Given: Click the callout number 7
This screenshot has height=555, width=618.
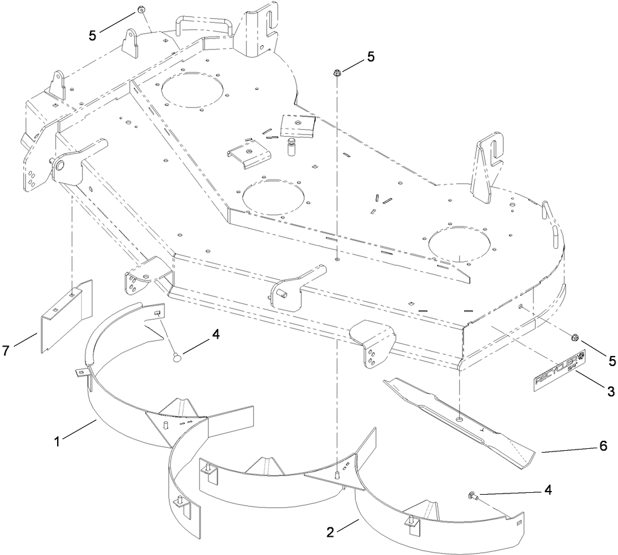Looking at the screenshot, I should click(7, 350).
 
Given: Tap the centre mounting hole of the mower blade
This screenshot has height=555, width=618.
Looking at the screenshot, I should click(460, 417).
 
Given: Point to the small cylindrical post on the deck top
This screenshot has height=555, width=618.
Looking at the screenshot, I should click(291, 147).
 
